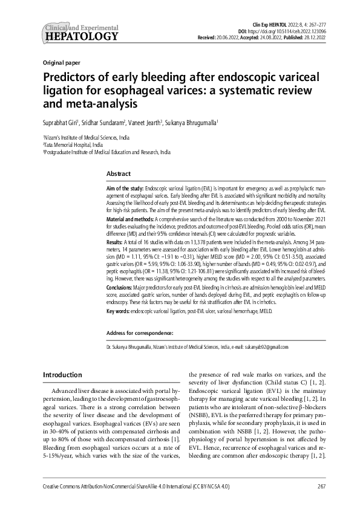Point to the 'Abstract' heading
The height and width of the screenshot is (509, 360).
tap(119, 174)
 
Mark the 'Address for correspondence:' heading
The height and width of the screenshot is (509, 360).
tap(140, 333)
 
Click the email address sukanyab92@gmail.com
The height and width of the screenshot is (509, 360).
tap(265, 348)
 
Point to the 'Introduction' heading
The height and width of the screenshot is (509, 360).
tap(62, 375)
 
